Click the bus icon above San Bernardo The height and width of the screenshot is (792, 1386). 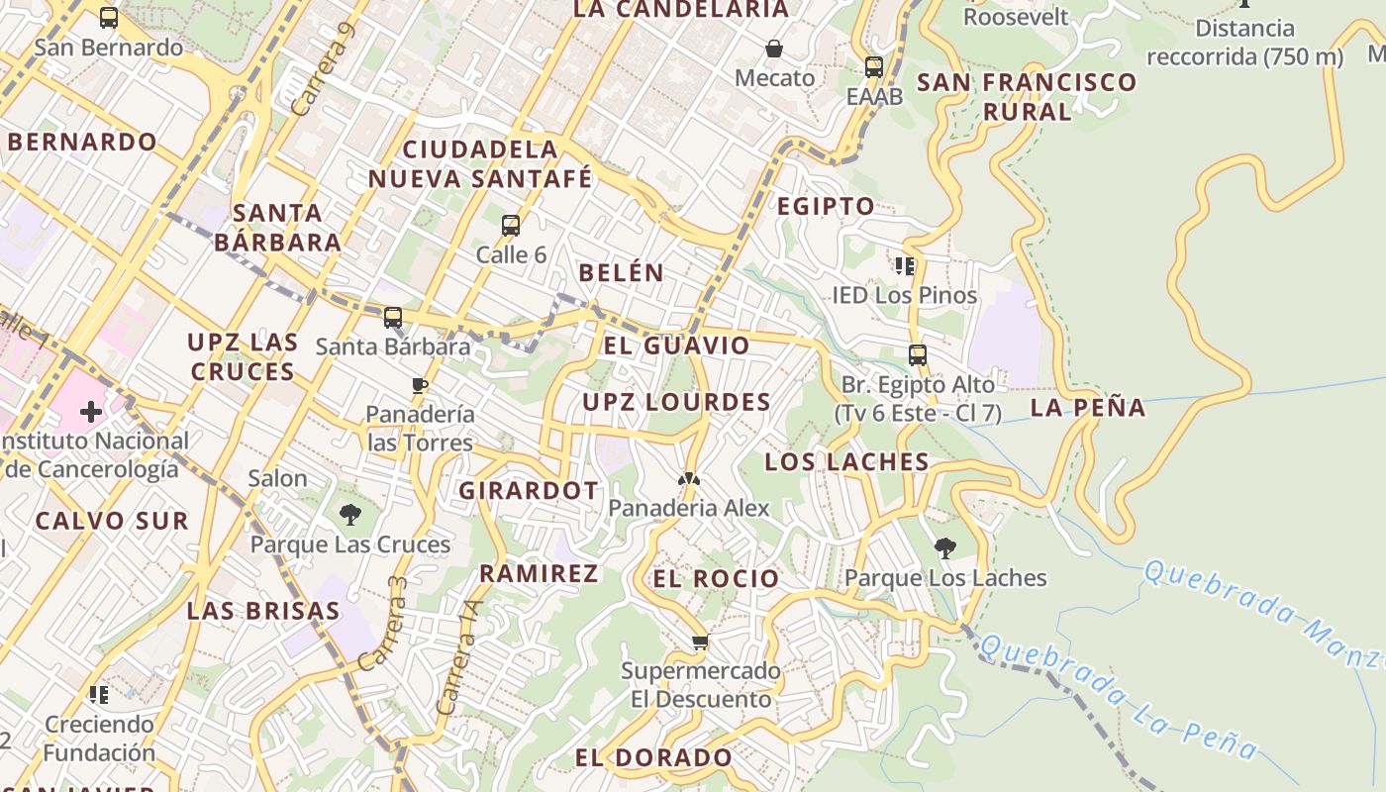[x=109, y=17]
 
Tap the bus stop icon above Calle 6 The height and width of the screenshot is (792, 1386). [x=511, y=225]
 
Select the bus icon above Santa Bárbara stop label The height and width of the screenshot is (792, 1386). [x=393, y=317]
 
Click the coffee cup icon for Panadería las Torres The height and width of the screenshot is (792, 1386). [x=420, y=384]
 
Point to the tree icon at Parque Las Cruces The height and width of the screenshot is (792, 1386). [x=349, y=514]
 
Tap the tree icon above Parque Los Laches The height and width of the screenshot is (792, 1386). [x=945, y=546]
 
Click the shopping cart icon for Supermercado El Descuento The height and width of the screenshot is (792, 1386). [x=700, y=643]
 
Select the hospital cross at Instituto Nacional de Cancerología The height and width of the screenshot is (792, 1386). [x=91, y=411]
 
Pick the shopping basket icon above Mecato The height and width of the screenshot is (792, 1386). [x=774, y=48]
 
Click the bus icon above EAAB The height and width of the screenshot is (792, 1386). [x=873, y=66]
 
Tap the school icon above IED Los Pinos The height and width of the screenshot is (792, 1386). [x=904, y=265]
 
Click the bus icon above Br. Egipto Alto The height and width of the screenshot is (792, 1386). [x=918, y=354]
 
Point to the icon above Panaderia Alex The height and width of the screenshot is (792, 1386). [x=688, y=479]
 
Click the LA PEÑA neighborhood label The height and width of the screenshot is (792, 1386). [x=1088, y=407]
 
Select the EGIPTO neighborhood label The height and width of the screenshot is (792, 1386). [x=826, y=207]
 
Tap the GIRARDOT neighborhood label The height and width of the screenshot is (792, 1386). [x=529, y=490]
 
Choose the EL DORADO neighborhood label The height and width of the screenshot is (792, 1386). [x=653, y=758]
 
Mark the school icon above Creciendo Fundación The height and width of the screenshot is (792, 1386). [x=98, y=694]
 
